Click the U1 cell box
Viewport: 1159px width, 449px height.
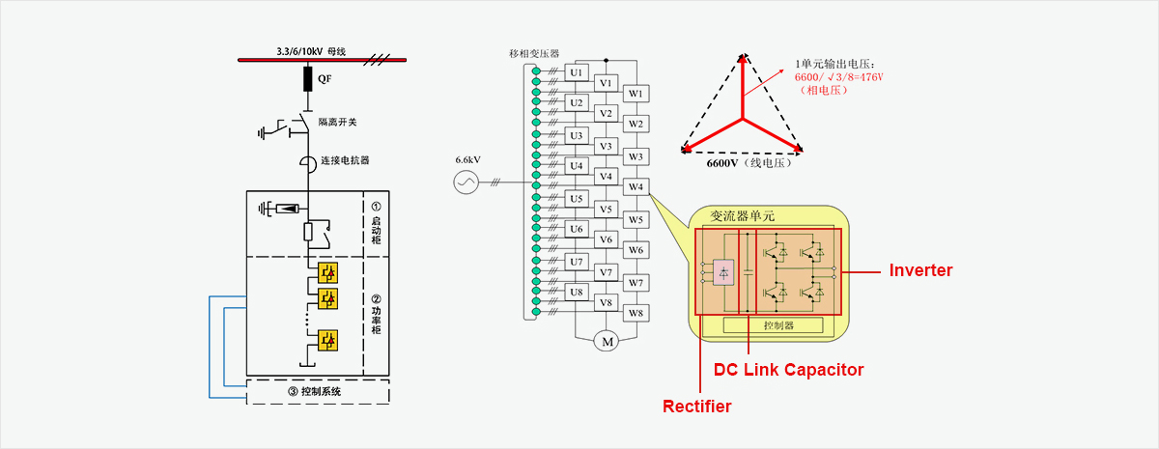point(577,72)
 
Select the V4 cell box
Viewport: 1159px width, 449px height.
point(606,177)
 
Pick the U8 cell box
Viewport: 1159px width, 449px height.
point(577,292)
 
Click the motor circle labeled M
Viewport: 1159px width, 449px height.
point(608,341)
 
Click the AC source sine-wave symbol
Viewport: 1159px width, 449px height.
point(466,181)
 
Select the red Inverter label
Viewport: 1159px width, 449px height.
point(920,271)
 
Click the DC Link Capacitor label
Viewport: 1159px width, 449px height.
point(788,370)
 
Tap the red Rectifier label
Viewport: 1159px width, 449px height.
point(696,407)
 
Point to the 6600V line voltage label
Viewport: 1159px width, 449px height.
point(742,163)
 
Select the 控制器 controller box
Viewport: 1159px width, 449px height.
point(777,326)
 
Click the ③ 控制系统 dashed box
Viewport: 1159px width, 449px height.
point(318,392)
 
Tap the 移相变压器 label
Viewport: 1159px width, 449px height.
point(534,53)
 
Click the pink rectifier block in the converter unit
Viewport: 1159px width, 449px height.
point(722,272)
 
